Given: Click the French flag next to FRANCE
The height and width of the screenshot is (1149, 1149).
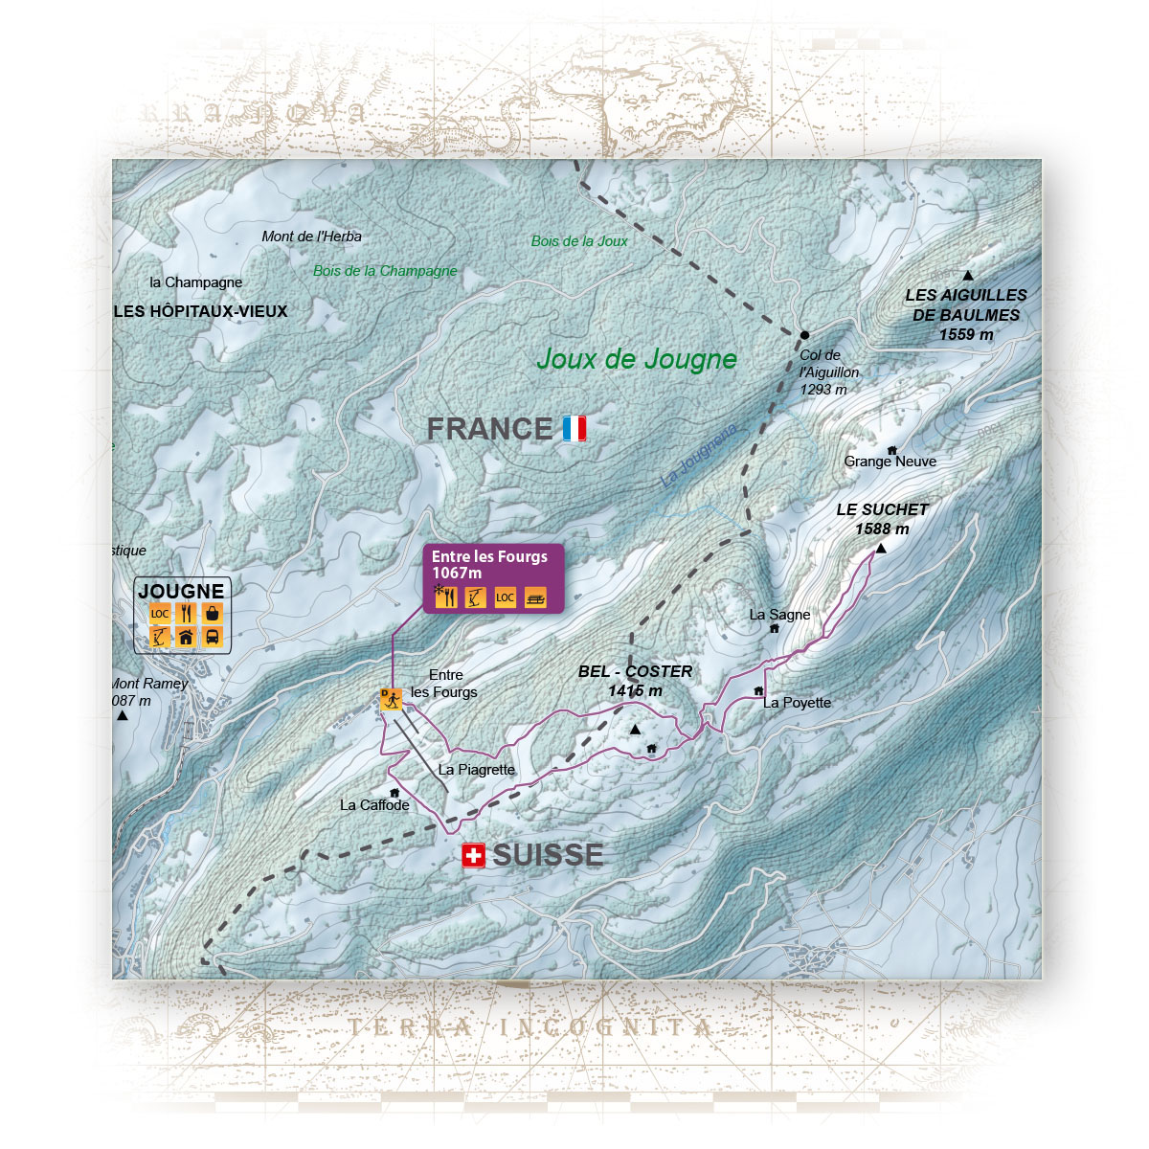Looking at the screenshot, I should click(574, 429).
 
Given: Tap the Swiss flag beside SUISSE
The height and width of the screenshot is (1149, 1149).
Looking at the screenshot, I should click(473, 855).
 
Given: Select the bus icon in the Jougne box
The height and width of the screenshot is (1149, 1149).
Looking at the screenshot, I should click(213, 638).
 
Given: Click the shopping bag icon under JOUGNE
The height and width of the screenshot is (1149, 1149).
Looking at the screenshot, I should click(213, 614).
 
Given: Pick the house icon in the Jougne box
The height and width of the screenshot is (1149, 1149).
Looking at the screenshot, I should click(187, 638).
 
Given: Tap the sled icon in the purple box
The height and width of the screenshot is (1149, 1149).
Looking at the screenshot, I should click(535, 598).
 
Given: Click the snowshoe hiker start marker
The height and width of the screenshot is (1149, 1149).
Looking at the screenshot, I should click(391, 700).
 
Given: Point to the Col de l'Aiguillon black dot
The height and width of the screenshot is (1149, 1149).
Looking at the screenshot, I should click(804, 335).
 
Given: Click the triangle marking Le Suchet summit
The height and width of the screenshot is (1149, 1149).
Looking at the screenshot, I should click(881, 549).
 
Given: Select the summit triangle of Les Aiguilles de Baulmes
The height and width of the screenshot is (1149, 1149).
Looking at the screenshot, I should click(968, 276).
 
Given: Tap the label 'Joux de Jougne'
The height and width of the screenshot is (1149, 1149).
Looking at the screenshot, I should click(637, 359).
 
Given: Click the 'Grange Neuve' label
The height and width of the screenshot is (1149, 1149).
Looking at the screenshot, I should click(890, 462).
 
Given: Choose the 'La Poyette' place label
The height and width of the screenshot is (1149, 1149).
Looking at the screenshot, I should click(797, 703).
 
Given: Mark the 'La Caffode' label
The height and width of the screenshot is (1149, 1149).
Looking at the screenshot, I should click(374, 805).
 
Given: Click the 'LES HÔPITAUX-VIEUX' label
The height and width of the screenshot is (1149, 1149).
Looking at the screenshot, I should click(200, 311).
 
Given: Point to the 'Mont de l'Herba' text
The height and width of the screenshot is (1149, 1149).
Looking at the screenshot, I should click(312, 237).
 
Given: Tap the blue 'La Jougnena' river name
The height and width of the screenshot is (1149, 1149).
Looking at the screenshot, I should click(699, 456).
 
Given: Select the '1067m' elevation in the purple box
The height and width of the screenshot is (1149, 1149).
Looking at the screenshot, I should click(457, 574).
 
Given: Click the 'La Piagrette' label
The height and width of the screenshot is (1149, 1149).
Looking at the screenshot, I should click(476, 770).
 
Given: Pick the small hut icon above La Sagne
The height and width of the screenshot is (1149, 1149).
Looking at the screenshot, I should click(774, 629).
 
